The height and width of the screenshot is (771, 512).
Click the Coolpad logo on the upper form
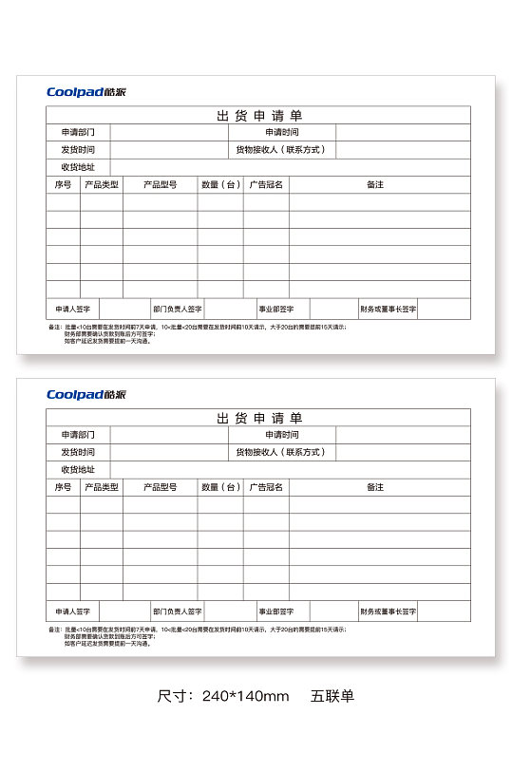point(86,92)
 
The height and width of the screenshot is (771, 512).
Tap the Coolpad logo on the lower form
point(86,395)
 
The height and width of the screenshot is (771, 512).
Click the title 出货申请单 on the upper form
point(258,116)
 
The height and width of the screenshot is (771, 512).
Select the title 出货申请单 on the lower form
point(258,418)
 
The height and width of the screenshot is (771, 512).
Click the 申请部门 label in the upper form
point(78,133)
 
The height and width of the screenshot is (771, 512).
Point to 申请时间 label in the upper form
point(282,133)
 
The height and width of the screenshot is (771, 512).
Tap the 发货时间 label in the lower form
point(78,452)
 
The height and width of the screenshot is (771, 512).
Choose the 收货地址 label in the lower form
point(78,469)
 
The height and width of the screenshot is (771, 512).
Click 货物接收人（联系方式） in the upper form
point(281,150)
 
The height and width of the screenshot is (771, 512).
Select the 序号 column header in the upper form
point(63,184)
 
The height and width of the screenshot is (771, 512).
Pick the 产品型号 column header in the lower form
point(160,487)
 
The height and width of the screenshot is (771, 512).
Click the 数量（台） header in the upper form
point(220,184)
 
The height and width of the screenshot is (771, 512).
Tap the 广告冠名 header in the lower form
point(266,487)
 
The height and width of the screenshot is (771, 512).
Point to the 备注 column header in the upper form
point(375,184)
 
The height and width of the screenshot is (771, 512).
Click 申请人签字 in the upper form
point(73,309)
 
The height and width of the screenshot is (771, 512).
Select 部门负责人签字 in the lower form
point(178,611)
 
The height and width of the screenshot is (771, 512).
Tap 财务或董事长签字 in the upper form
point(388,309)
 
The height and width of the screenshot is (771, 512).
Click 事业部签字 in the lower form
point(276,611)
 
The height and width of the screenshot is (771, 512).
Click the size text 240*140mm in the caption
point(245,696)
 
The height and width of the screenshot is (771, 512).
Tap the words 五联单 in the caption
point(332,696)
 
